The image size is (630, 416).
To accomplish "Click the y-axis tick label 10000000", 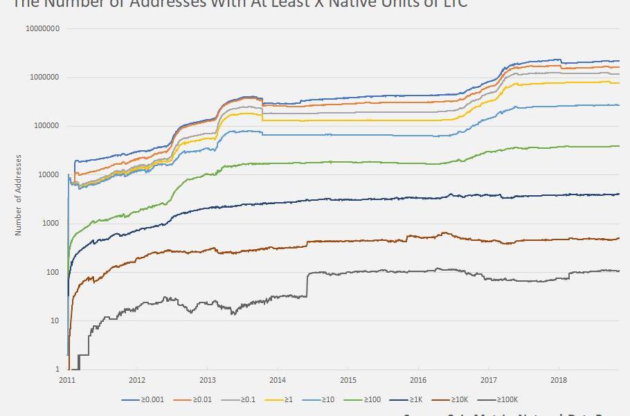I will coord(42,29).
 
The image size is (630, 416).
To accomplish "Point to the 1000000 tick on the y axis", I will coord(44,78).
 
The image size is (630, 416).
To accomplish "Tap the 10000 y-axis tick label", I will coord(48,175).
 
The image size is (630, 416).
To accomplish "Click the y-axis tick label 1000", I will coord(50,224).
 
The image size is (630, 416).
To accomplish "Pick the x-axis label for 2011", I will coord(67,380).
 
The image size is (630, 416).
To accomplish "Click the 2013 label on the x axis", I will coord(208,380).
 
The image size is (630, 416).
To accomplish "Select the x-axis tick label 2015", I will coord(348,380).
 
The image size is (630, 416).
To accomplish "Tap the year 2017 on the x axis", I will coord(489,380).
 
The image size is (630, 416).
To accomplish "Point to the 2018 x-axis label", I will coord(559,380).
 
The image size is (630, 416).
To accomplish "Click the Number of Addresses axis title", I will coord(19,195).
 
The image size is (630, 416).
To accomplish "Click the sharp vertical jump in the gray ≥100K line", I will coord(307,284).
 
